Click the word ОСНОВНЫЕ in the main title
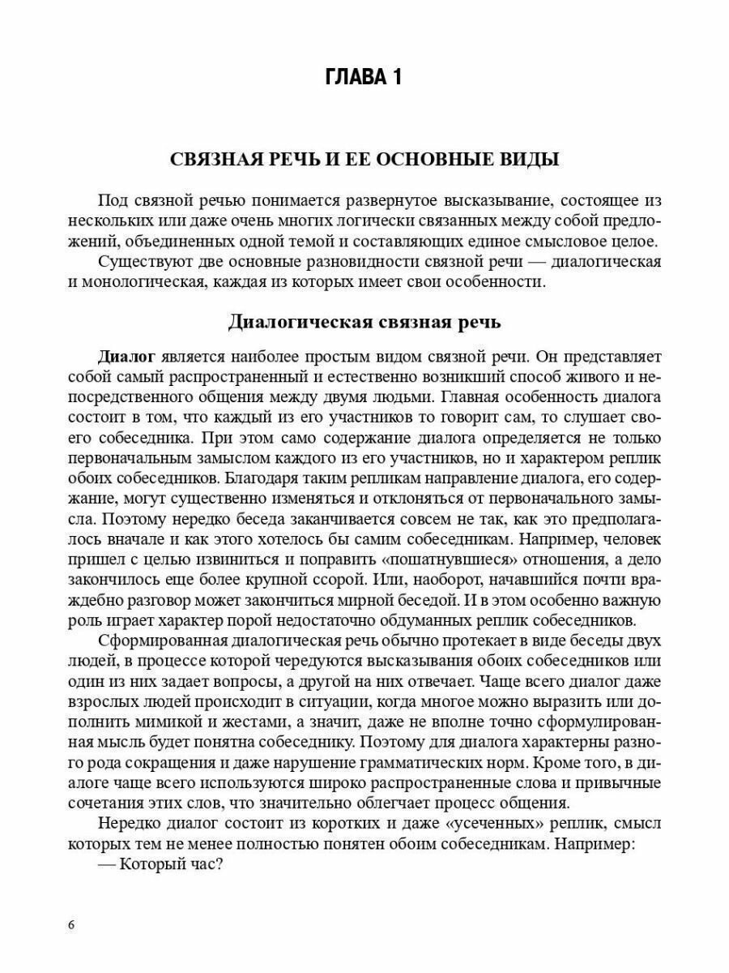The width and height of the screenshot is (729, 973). (x=445, y=159)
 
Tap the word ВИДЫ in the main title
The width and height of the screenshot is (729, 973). (x=529, y=159)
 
